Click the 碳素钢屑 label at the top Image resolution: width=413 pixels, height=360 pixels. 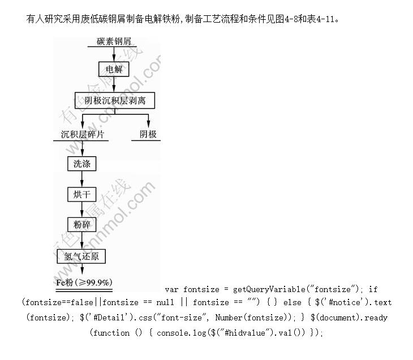[117, 41]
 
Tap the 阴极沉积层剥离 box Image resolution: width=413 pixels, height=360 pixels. [114, 100]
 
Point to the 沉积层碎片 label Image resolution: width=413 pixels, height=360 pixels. [82, 134]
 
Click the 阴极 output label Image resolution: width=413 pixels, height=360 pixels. [148, 134]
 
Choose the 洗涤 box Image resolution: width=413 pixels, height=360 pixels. [81, 164]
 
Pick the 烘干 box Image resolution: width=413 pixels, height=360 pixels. [81, 194]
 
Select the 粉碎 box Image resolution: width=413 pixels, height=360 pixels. [81, 225]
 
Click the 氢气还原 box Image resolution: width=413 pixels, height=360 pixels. [81, 256]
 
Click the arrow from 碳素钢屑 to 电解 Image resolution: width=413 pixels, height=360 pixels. [114, 54]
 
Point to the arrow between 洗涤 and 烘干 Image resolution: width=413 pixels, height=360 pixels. [81, 179]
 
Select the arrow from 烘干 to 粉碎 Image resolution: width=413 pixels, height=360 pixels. [81, 209]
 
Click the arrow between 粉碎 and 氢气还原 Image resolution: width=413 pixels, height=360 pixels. [81, 240]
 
